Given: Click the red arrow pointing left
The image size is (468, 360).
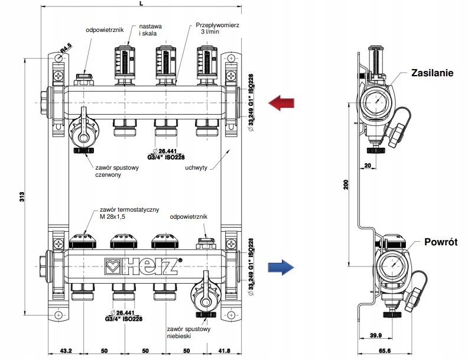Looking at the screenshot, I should click(x=281, y=104).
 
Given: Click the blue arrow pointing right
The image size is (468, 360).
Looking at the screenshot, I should click(x=281, y=267).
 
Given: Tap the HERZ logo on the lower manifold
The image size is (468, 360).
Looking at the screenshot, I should click(x=140, y=267).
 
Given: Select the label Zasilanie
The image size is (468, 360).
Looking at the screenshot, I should click(x=433, y=73).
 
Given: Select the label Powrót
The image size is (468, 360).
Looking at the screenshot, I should click(x=440, y=241).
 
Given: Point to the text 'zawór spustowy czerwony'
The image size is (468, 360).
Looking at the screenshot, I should click(x=115, y=171).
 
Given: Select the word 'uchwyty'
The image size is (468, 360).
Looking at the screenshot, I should click(x=197, y=167).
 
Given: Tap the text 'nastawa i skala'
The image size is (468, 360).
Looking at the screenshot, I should click(x=151, y=30).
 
